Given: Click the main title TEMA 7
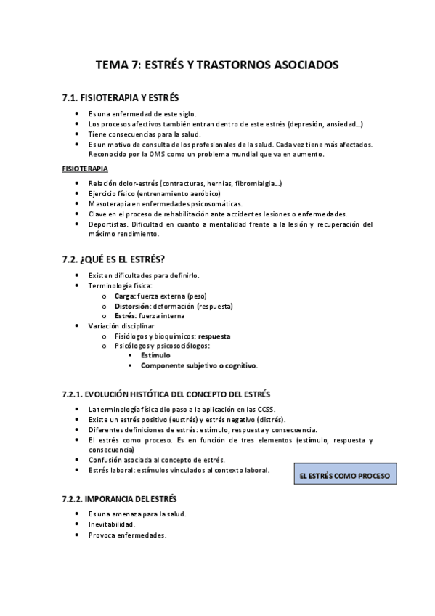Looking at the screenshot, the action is (217, 65).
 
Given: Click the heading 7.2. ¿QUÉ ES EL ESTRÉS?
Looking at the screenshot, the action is (115, 259).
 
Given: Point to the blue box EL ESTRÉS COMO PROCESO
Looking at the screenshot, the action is (345, 476).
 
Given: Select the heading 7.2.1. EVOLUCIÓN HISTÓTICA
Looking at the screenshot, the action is (168, 394).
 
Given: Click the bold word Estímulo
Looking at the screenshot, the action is (155, 356).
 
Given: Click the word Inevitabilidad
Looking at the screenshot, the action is (111, 524).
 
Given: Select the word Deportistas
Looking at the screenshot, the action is (107, 224).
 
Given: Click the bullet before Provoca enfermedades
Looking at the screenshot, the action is (78, 535).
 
